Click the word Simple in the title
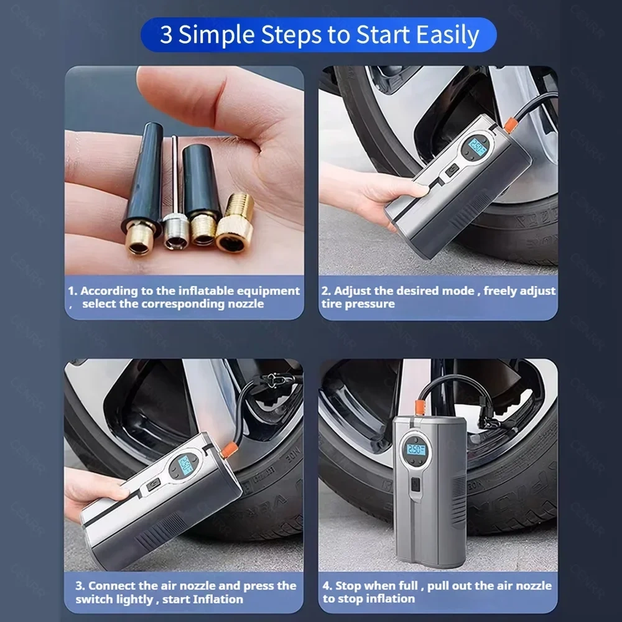216,35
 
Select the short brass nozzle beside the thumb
235,223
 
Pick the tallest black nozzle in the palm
144,187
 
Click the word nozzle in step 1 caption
246,304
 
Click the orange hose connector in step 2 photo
511,124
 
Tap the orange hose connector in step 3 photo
229,450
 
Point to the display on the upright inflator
416,450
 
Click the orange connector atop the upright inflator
419,408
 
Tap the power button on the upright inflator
415,484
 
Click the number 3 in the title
166,35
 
